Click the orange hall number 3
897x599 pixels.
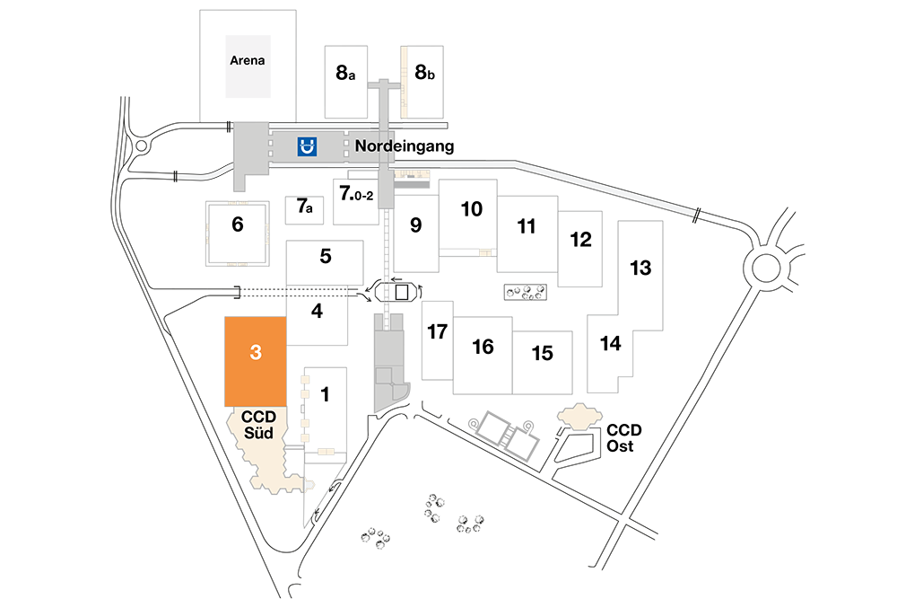[x=256, y=352]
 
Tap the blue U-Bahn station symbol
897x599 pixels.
[x=307, y=146]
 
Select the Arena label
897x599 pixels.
[x=248, y=60]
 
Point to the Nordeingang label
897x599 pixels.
[x=405, y=146]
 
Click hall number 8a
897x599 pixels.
[x=345, y=73]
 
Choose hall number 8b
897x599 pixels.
[x=424, y=72]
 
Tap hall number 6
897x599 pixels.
[x=238, y=224]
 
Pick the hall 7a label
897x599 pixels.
[x=304, y=207]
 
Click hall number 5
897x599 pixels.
[x=326, y=256]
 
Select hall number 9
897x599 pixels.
[x=416, y=225]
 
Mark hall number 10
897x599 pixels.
[x=472, y=209]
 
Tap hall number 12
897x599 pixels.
[x=580, y=240]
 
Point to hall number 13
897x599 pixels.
[x=640, y=268]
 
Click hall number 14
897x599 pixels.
[x=610, y=343]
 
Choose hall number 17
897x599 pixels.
[x=438, y=331]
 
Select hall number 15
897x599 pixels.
[x=543, y=353]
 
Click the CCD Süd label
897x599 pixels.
[x=258, y=425]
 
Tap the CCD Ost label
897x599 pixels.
[x=623, y=438]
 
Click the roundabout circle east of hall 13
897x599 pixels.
[x=765, y=268]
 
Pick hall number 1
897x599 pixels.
[x=325, y=394]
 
